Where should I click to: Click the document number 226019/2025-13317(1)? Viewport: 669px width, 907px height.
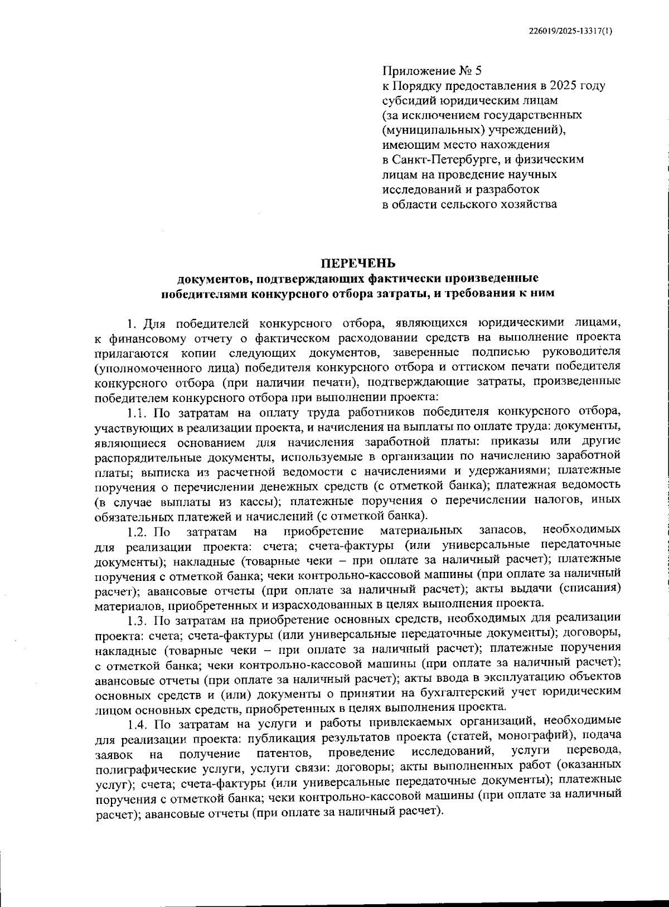point(570,31)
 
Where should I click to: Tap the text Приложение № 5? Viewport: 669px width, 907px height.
point(432,71)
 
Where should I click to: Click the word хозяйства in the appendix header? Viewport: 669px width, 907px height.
point(529,204)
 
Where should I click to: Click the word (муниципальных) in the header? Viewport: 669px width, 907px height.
point(427,130)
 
